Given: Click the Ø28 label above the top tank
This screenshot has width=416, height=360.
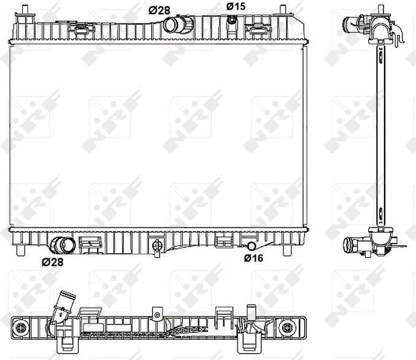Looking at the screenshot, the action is (x=159, y=10).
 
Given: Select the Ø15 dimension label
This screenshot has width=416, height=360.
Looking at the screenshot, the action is (x=236, y=6).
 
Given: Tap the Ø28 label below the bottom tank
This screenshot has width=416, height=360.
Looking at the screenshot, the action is (x=53, y=262).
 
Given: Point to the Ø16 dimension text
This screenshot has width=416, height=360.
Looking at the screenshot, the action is (x=253, y=258).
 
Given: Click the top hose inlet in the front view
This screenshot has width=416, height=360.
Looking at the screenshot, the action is (x=177, y=25).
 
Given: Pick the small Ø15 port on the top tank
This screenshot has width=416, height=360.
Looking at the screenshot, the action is (x=232, y=20).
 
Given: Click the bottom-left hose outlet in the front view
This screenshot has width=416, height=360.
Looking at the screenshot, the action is (x=63, y=245).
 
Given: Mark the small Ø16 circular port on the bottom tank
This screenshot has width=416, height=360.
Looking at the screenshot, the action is (x=251, y=247).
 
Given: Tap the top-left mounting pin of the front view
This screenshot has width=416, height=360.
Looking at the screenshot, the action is (x=25, y=10).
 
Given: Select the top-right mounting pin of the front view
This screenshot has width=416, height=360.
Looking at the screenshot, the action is (x=283, y=10).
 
